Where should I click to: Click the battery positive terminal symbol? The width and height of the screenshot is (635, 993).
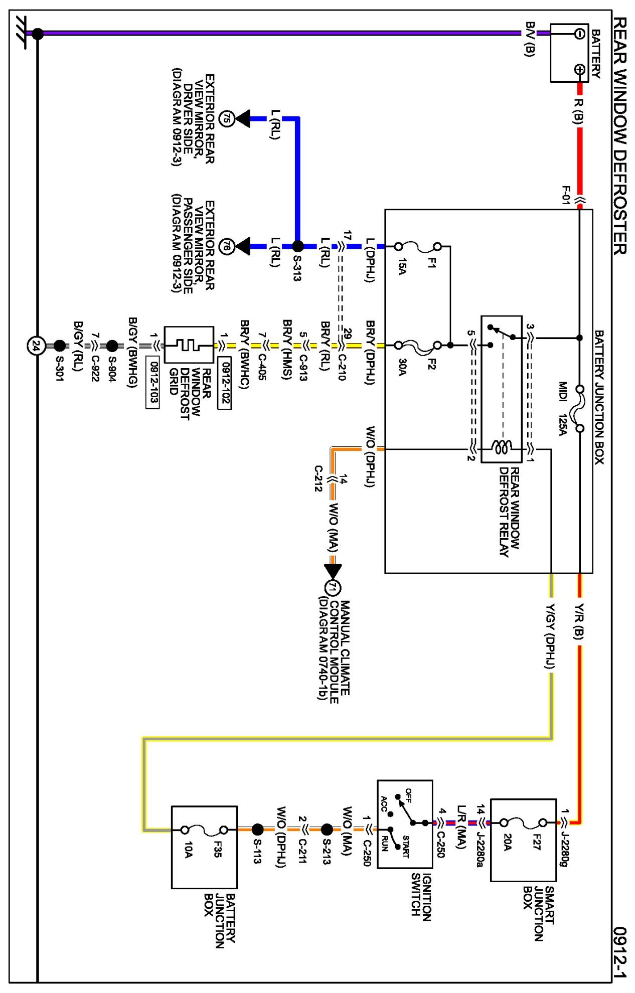[x=579, y=69]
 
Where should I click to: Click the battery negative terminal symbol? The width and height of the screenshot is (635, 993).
[x=579, y=34]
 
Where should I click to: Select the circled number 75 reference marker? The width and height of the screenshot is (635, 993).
[x=227, y=119]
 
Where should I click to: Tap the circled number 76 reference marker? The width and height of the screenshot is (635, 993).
[x=227, y=246]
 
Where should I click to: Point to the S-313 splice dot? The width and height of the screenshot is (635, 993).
[x=298, y=246]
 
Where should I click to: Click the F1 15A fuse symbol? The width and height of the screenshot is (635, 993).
[x=418, y=246]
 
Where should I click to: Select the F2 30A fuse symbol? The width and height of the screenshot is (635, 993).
[x=418, y=346]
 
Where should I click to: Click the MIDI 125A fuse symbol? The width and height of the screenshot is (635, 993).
[x=580, y=409]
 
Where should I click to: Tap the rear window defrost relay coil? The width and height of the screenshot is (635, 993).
[x=501, y=447]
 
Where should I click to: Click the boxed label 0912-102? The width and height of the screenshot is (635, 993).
[x=225, y=383]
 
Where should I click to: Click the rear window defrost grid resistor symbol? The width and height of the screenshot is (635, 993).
[x=189, y=345]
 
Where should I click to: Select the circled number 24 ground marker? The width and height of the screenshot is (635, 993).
[x=36, y=346]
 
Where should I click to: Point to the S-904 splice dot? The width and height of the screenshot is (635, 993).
[x=112, y=346]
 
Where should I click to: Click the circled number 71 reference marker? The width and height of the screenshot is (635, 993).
[x=333, y=588]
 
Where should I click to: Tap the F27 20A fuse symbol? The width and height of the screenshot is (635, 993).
[x=524, y=822]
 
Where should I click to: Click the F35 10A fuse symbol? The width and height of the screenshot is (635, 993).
[x=204, y=830]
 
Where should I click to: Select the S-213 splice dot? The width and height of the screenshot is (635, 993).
[x=327, y=830]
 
